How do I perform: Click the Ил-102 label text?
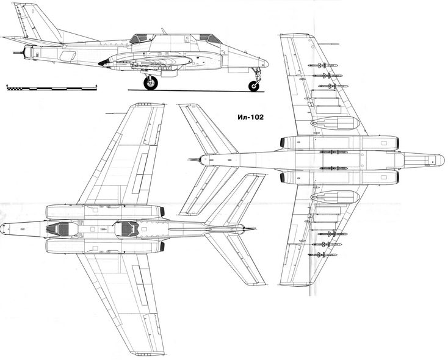251,117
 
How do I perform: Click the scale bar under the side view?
52,88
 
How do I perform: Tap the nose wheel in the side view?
254,86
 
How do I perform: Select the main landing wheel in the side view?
151,82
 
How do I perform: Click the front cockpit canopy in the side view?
211,38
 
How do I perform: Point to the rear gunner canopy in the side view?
139,38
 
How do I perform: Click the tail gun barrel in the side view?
18,52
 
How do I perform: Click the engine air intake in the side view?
104,63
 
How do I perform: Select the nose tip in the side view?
266,63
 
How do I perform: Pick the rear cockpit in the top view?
126,229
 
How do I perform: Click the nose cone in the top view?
4,229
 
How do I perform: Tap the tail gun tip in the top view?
251,229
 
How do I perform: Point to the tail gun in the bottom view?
195,159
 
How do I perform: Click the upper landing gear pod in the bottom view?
335,123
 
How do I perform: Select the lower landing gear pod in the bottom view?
335,197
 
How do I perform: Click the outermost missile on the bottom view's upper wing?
322,65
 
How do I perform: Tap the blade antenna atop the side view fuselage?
164,31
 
